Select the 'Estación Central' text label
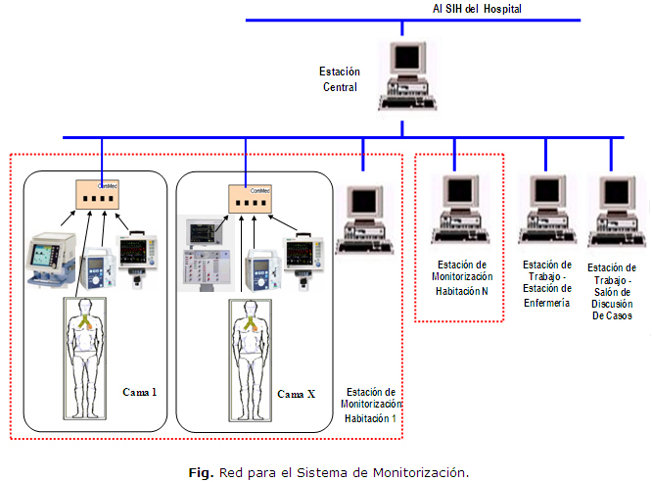pos(340,78)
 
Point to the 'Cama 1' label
pos(139,393)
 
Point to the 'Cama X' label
pos(296,394)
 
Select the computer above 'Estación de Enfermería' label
pos(547,209)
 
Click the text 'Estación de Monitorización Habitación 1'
pos(371,405)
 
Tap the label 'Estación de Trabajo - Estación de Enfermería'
pos(547,284)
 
